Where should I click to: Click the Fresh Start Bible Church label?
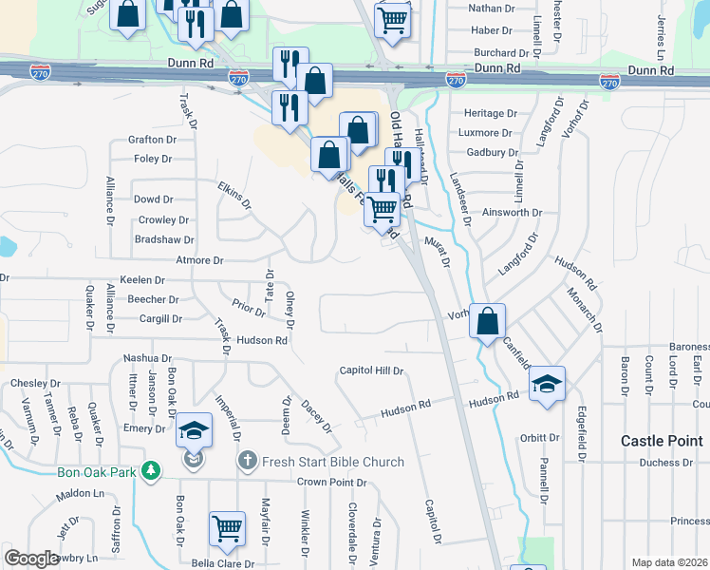(x=333, y=463)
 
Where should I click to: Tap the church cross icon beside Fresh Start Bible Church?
(x=247, y=462)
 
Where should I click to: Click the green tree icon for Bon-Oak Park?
(x=149, y=470)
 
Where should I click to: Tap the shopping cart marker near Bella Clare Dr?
(x=226, y=527)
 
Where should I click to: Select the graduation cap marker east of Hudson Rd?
(x=546, y=383)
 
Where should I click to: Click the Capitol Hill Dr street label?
(x=373, y=371)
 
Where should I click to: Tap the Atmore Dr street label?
(x=199, y=260)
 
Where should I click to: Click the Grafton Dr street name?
(x=152, y=140)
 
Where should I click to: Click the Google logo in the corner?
(x=32, y=559)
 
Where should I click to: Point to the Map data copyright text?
(x=669, y=562)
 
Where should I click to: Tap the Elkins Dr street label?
(x=234, y=195)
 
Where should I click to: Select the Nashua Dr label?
(x=147, y=358)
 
